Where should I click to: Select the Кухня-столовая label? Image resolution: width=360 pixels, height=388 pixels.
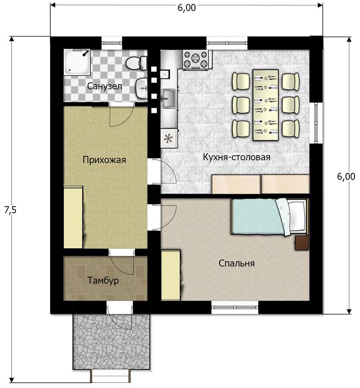(236, 157)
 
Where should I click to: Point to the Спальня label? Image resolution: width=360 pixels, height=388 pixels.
(236, 263)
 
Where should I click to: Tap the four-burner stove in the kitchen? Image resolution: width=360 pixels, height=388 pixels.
(196, 59)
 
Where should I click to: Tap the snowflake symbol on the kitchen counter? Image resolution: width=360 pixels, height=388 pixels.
(168, 138)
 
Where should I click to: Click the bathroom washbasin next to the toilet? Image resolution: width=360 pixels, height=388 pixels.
(141, 89)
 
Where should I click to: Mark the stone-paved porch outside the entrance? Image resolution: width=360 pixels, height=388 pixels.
(111, 341)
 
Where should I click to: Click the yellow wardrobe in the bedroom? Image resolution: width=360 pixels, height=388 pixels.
(171, 275)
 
